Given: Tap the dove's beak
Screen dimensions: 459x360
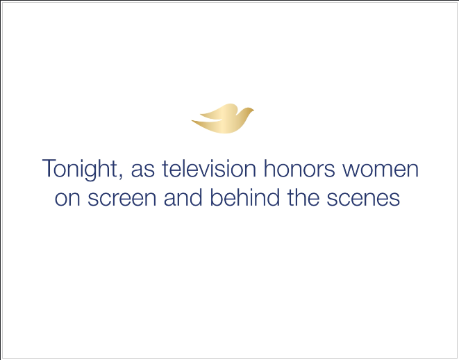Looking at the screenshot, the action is pyautogui.click(x=253, y=110).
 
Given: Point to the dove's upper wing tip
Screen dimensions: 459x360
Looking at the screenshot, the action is pyautogui.click(x=201, y=114).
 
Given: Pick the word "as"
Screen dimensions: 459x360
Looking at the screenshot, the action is pyautogui.click(x=142, y=170).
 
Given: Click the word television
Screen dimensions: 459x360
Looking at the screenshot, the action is pyautogui.click(x=209, y=168).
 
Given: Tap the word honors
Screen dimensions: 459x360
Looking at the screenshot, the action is pyautogui.click(x=299, y=168).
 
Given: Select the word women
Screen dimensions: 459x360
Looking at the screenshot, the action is pyautogui.click(x=381, y=170).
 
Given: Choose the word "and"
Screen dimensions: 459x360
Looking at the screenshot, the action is pyautogui.click(x=183, y=197).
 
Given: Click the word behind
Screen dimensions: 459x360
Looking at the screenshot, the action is pyautogui.click(x=244, y=197).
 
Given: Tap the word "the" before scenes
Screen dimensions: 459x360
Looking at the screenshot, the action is pyautogui.click(x=303, y=197).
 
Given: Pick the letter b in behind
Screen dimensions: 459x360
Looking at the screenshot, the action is pyautogui.click(x=217, y=197).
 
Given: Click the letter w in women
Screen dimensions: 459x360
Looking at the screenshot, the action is pyautogui.click(x=352, y=170).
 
